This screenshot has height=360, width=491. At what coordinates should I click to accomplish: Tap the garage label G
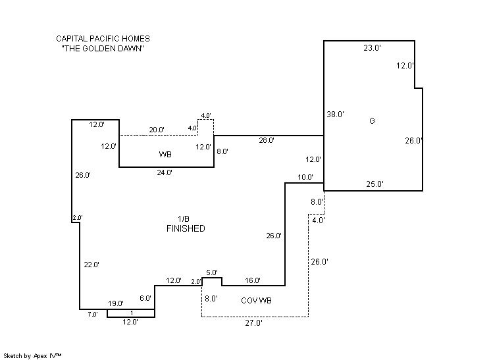click(x=372, y=121)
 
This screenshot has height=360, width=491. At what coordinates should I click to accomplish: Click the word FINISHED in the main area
click(x=185, y=229)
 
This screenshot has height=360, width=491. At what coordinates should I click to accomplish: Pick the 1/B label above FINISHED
click(x=184, y=219)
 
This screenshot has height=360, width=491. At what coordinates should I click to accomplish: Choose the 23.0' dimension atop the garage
click(x=372, y=48)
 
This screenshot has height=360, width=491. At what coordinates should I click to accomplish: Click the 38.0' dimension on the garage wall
click(x=336, y=115)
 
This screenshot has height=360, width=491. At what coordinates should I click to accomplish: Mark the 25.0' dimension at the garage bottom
click(x=375, y=184)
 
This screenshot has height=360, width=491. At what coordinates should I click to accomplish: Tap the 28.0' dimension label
click(x=266, y=140)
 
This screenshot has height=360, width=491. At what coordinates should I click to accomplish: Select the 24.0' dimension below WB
click(x=164, y=173)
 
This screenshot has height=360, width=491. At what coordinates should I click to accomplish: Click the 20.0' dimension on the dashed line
click(x=157, y=130)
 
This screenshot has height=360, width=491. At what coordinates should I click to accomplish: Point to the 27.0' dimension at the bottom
click(x=254, y=323)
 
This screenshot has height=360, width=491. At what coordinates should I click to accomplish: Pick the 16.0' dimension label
click(x=252, y=281)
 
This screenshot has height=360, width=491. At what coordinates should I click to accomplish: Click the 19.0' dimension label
click(x=116, y=303)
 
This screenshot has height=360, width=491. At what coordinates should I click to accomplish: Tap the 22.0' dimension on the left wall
click(x=91, y=265)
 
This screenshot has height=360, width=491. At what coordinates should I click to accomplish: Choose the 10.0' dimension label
click(x=305, y=178)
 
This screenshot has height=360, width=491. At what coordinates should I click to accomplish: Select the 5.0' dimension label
click(x=211, y=273)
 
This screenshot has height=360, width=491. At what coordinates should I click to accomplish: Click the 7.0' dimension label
click(x=93, y=315)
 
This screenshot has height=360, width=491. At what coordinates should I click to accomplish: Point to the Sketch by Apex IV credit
click(x=33, y=355)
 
